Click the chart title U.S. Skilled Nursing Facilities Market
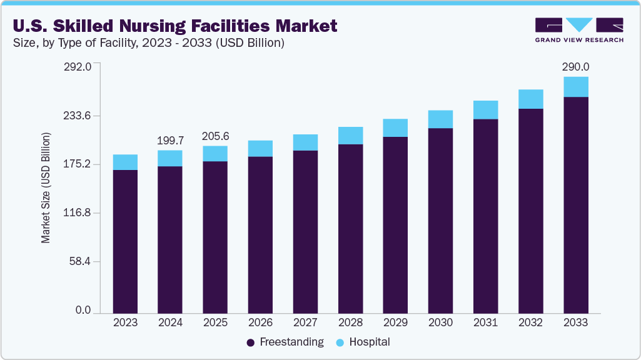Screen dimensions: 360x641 point(174,26)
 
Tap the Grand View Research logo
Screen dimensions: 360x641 point(579,29)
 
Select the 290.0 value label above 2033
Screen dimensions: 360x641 point(575,67)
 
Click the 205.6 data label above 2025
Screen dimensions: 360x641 point(215,136)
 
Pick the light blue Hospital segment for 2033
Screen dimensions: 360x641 point(575,87)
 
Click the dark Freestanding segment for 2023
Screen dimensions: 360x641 point(125,241)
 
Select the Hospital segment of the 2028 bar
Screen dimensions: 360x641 point(350,136)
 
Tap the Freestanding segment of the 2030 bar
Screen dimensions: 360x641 point(440,219)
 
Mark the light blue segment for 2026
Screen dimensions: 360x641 point(260,148)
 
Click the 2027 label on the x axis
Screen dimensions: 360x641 point(305,322)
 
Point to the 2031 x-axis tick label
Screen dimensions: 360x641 point(485,322)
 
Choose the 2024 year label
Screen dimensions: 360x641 point(170,322)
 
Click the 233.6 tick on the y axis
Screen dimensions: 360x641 point(79,116)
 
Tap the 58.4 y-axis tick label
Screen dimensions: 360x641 point(81,261)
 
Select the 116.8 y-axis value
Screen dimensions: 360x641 point(79,213)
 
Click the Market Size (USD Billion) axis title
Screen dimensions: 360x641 point(46,188)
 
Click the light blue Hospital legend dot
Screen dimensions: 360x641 point(340,342)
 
